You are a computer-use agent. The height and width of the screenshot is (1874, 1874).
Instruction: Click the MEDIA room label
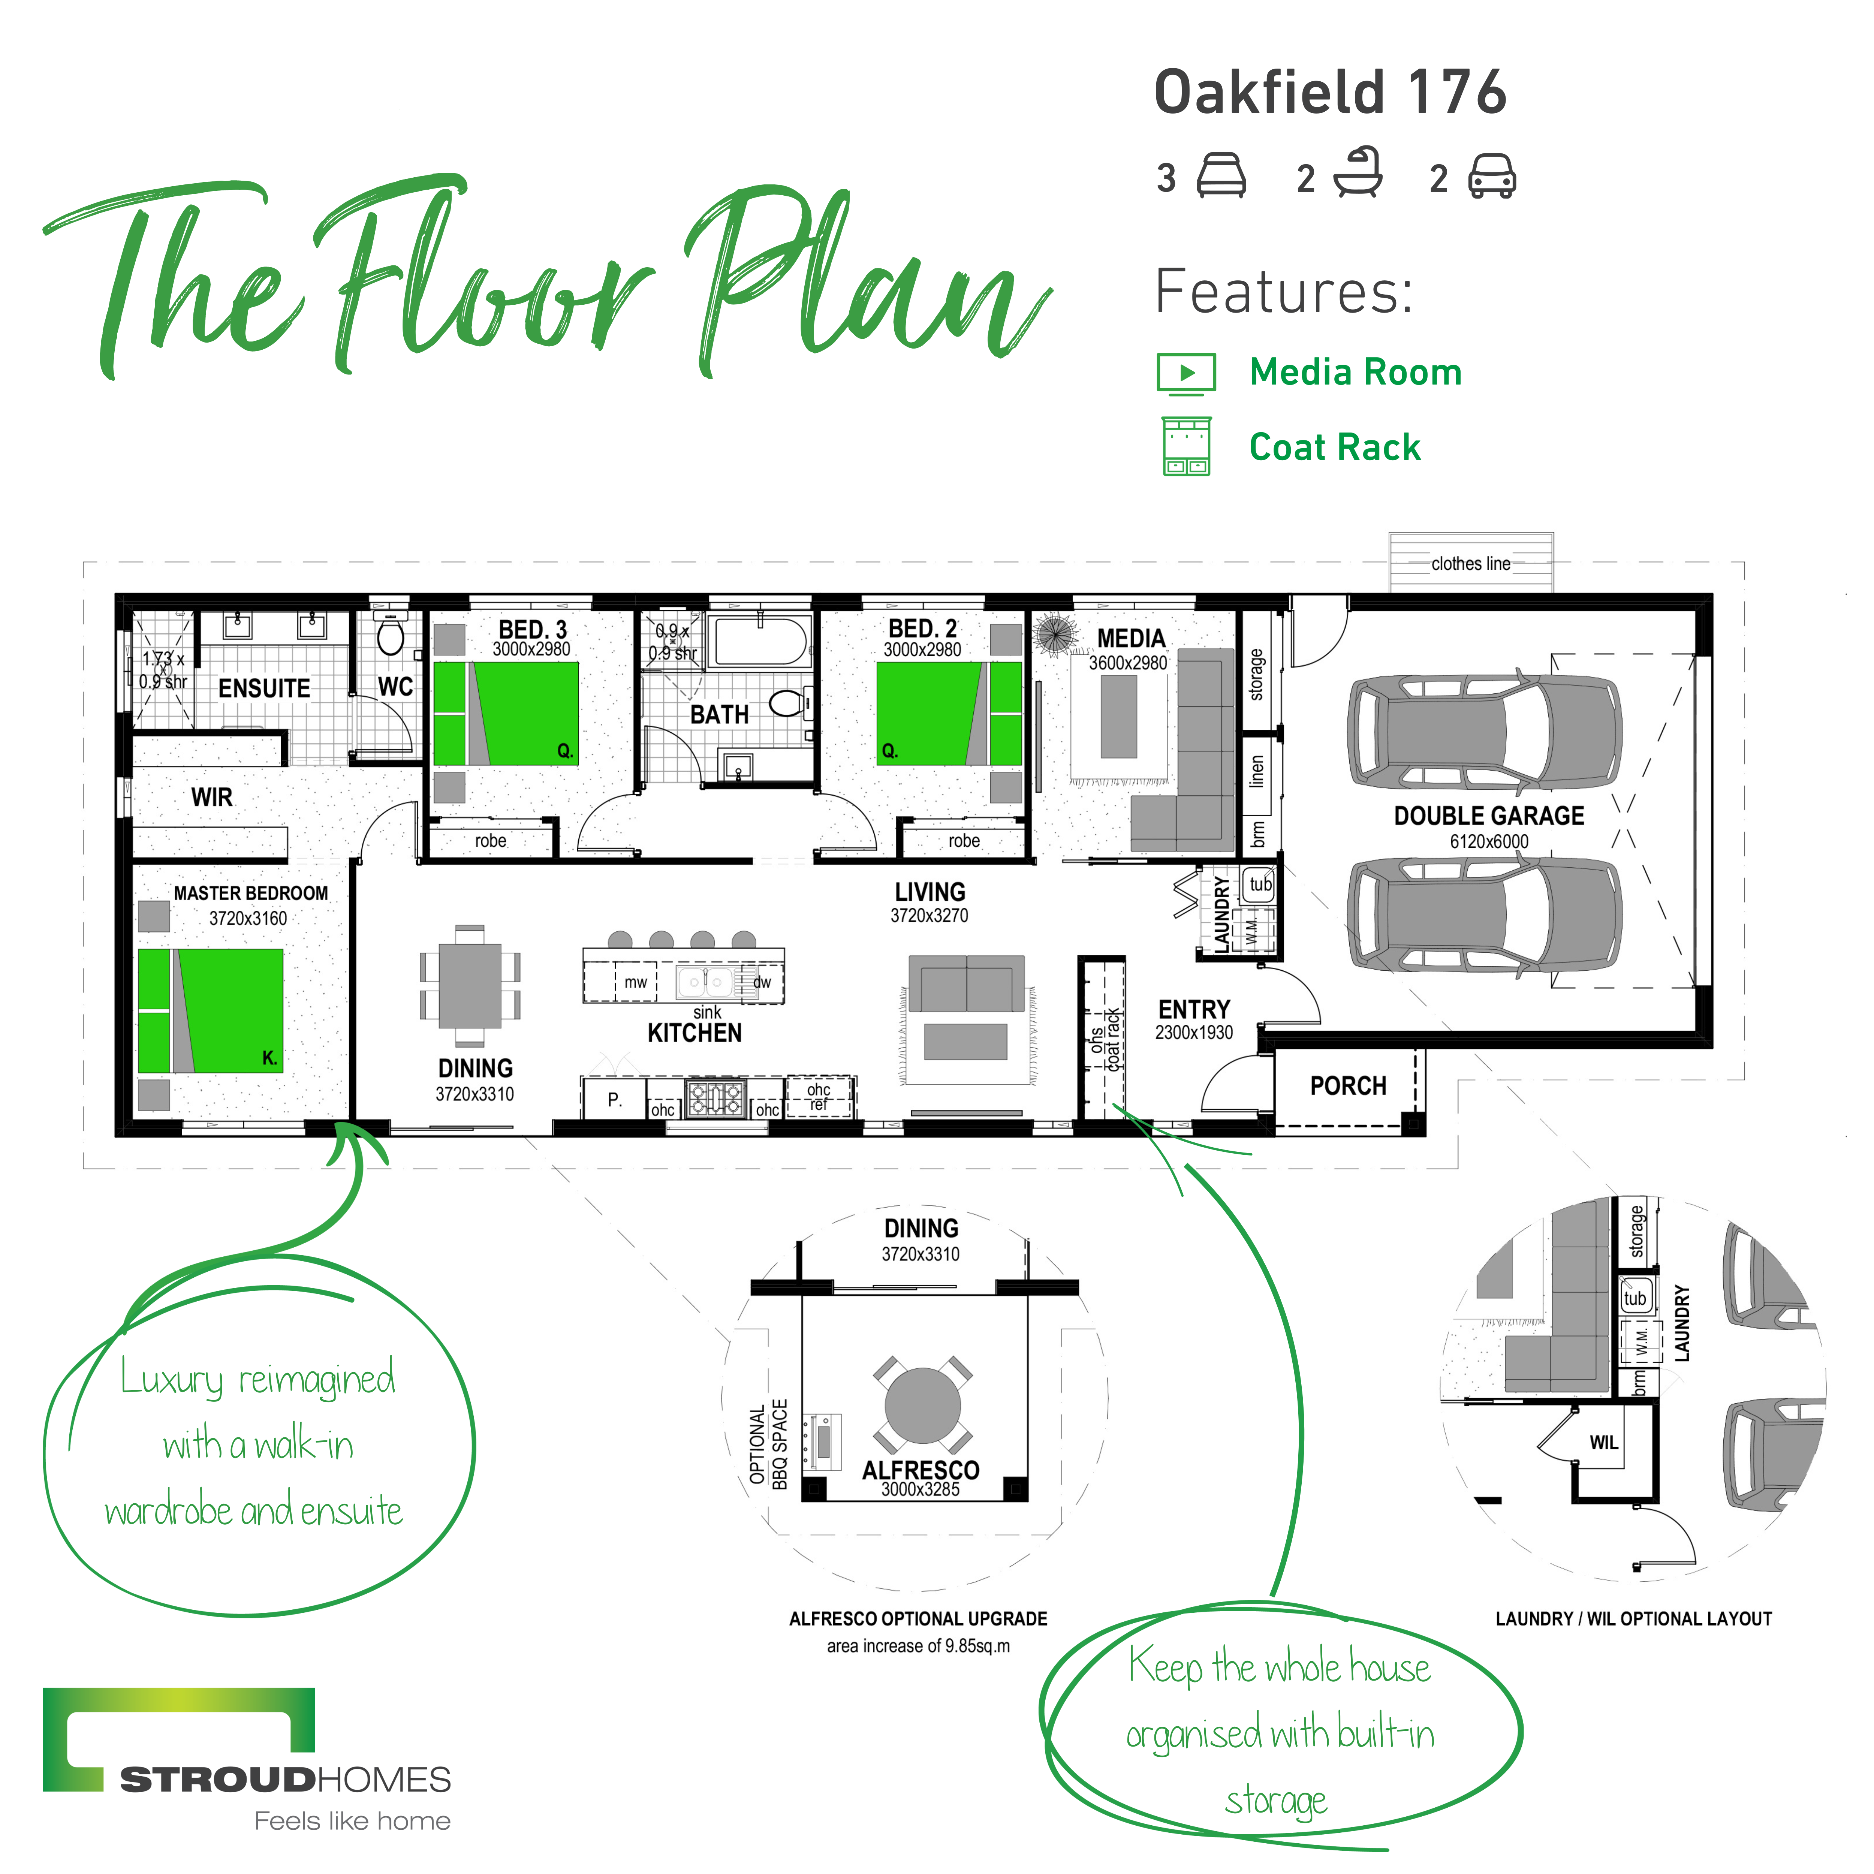(1131, 638)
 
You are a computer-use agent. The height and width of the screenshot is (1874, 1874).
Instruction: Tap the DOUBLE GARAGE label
(1489, 816)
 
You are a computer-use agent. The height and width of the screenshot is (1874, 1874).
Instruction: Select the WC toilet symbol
(390, 636)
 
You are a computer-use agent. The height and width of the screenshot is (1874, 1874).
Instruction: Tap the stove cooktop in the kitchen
(716, 1099)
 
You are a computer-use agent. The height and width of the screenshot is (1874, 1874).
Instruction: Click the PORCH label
(1348, 1085)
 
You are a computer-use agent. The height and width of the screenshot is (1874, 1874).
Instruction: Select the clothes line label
(1470, 564)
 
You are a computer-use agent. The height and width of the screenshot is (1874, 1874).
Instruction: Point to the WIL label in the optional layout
(1603, 1442)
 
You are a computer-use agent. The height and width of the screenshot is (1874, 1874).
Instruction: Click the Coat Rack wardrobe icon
(1186, 446)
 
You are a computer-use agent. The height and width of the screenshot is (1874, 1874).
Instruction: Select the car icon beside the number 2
(1492, 177)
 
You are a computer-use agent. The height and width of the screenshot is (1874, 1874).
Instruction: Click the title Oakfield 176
(1330, 92)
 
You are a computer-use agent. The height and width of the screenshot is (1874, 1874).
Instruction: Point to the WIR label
(211, 797)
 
